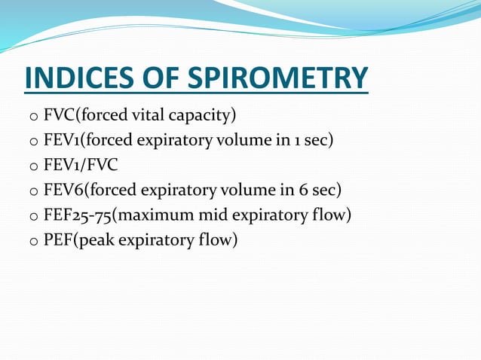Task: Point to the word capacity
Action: tap(204, 117)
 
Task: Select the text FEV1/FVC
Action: tap(81, 165)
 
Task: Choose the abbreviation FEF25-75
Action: tap(78, 215)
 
